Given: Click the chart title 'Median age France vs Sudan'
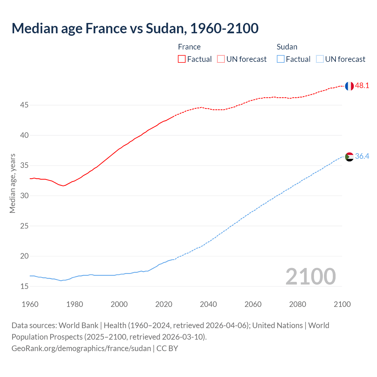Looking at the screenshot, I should coord(135,28).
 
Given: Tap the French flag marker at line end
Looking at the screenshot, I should coord(349,86).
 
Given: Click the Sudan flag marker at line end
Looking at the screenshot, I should coord(349,157).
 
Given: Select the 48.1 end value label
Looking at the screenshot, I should coord(362,86).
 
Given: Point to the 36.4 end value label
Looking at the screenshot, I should coord(362,156).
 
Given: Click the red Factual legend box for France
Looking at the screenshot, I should coord(182,59).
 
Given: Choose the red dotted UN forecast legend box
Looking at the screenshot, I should coord(221,59).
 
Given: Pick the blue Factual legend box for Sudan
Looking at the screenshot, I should coord(280,59).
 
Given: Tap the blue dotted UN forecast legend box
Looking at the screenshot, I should coord(320,59).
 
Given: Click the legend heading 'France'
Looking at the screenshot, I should coord(189,47).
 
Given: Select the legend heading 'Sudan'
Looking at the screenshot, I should coord(287,47).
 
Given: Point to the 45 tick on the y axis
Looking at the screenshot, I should coord(24,105).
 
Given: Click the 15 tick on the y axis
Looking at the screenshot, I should coord(24,286).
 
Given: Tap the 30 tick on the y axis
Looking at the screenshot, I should coord(24,196).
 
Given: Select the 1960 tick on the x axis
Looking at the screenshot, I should coord(30,304).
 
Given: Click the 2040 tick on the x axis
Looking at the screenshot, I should coord(208,304).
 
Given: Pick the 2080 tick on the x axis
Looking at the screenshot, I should coord(297,304).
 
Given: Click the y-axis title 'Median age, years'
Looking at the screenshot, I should coord(12,183).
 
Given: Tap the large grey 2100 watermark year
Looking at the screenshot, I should coord(310,277).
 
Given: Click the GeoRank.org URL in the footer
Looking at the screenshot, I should coord(81,348).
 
